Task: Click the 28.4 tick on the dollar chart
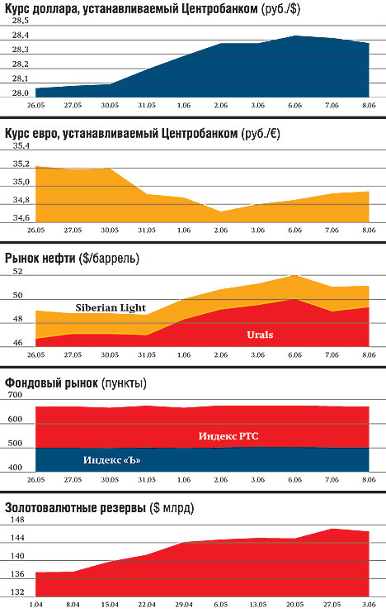(x=21, y=36)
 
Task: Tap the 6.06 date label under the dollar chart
(x=295, y=105)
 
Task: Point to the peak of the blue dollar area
(x=295, y=36)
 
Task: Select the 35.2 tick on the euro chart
(x=21, y=164)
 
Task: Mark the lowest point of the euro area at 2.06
(x=221, y=211)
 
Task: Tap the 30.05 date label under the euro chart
(x=110, y=230)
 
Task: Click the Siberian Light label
(x=111, y=308)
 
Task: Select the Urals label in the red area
(x=260, y=335)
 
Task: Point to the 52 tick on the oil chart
(x=18, y=271)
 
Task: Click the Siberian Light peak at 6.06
(x=295, y=275)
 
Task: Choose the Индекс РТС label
(x=228, y=436)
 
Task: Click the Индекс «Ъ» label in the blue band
(x=111, y=459)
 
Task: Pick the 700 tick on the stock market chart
(x=15, y=395)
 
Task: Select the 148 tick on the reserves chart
(x=17, y=520)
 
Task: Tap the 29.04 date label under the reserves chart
(x=184, y=605)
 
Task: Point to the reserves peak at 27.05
(x=332, y=529)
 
